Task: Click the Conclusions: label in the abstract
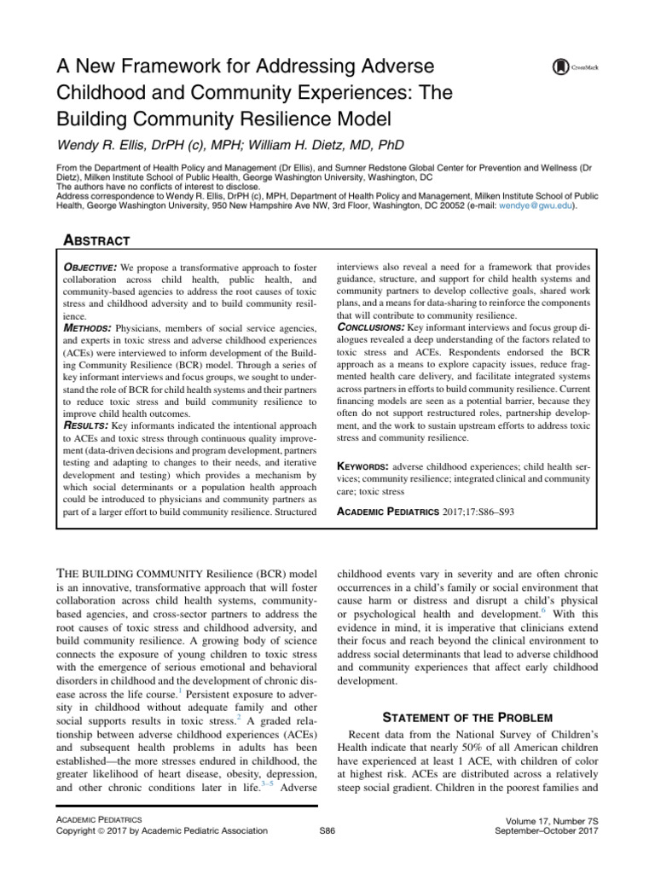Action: pos(382,325)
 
